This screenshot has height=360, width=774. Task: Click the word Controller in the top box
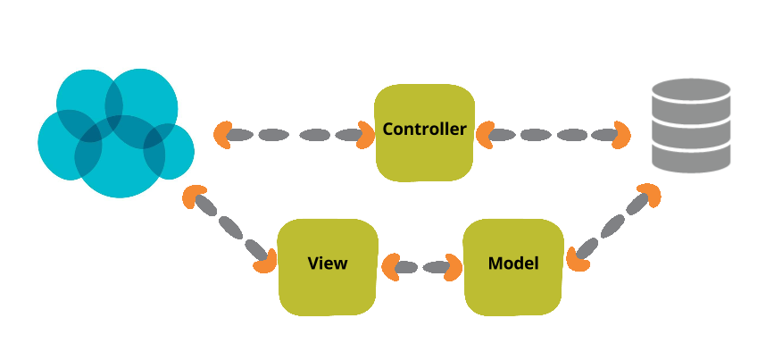pyautogui.click(x=424, y=130)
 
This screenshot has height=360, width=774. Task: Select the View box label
pyautogui.click(x=327, y=264)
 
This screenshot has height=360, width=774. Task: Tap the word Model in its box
pyautogui.click(x=513, y=264)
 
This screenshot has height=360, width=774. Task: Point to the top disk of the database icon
pyautogui.click(x=691, y=91)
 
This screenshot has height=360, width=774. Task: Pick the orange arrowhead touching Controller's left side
pyautogui.click(x=366, y=135)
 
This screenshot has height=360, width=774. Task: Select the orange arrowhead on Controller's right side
pyautogui.click(x=485, y=135)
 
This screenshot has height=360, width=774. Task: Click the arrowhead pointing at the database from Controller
pyautogui.click(x=621, y=135)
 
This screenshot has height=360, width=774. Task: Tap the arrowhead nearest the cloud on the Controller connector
pyautogui.click(x=223, y=135)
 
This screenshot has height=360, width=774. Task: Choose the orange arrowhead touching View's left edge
pyautogui.click(x=265, y=261)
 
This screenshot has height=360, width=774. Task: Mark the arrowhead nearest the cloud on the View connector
pyautogui.click(x=192, y=197)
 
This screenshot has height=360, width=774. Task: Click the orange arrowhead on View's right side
pyautogui.click(x=390, y=266)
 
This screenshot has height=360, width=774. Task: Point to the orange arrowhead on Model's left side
pyautogui.click(x=453, y=266)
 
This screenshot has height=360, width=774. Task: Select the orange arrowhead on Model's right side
pyautogui.click(x=578, y=259)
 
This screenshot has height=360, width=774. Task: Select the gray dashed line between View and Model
pyautogui.click(x=421, y=266)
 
